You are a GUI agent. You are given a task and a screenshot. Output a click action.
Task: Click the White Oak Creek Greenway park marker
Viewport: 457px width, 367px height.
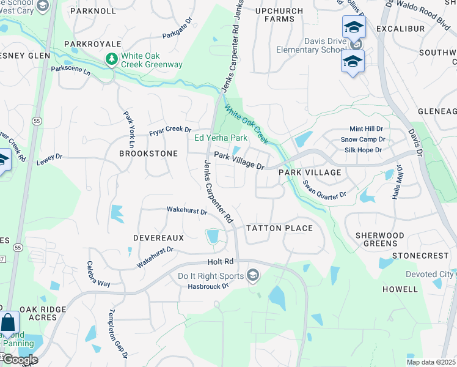(111, 59)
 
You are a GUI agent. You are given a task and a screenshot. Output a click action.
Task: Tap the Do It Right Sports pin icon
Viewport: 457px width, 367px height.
(252, 276)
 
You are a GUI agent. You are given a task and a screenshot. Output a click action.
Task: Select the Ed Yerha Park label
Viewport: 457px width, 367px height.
(221, 138)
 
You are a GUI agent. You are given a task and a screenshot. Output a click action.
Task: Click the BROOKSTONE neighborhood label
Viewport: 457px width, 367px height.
(148, 154)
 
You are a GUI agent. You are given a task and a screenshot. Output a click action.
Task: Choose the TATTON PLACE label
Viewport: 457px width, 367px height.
(279, 228)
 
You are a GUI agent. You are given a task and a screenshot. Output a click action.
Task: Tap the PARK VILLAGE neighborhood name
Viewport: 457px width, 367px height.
(310, 172)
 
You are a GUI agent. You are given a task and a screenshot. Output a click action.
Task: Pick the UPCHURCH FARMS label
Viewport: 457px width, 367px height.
(279, 15)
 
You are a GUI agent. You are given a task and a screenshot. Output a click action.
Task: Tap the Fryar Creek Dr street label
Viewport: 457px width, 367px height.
(170, 130)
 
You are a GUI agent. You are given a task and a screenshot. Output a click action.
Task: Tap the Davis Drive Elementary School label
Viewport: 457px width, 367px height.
(311, 45)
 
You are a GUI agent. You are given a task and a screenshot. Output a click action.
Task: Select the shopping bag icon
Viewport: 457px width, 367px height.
(9, 322)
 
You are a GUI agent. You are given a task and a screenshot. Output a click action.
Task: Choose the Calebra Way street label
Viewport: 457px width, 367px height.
(98, 275)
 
